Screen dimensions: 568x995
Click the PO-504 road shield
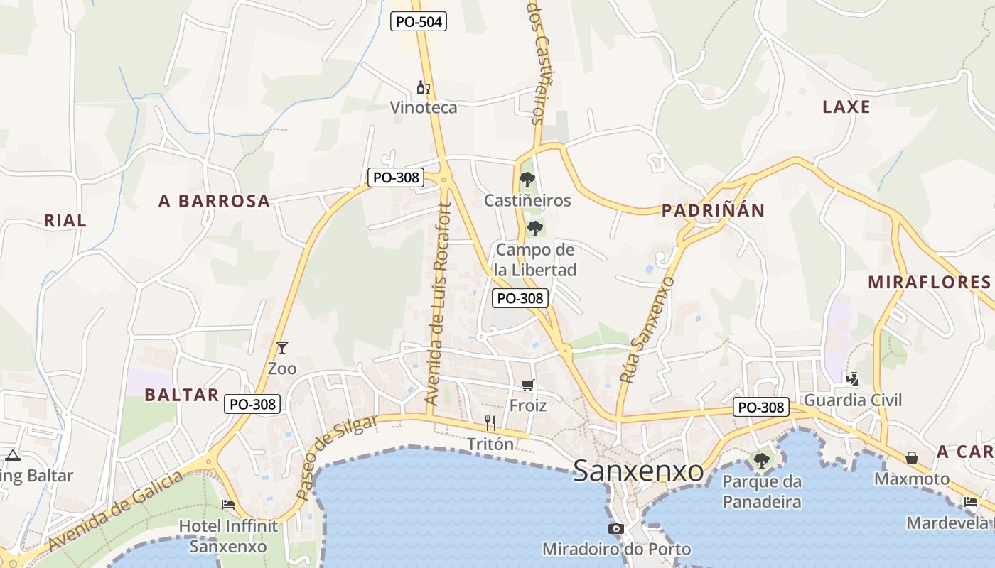[419, 22]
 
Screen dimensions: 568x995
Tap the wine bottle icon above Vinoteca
[423, 89]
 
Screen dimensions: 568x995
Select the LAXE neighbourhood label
[846, 107]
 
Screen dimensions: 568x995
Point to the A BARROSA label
[214, 201]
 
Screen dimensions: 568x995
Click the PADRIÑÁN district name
[713, 210]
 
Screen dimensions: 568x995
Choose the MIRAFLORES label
[929, 282]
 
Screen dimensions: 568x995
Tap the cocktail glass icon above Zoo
[282, 348]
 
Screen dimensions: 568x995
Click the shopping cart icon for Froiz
[527, 385]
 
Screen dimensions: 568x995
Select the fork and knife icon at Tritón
[490, 423]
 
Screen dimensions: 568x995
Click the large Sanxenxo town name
[638, 470]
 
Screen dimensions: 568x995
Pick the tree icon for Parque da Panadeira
[761, 461]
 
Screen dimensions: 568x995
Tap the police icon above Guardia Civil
[851, 378]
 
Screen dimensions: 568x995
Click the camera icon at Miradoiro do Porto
[615, 528]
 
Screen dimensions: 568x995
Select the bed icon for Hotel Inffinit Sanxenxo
[228, 505]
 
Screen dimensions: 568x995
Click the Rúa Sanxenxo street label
[646, 330]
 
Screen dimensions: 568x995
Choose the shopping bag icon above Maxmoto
[911, 458]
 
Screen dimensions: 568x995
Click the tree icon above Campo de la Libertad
[535, 229]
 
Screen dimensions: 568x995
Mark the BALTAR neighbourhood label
[181, 395]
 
